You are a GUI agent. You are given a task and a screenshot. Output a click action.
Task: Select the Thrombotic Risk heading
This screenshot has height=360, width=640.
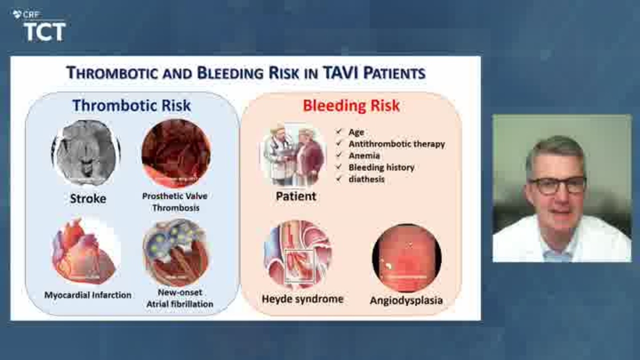pyautogui.click(x=131, y=105)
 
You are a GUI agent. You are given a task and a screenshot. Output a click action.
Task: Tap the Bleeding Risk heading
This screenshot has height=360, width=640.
pyautogui.click(x=351, y=105)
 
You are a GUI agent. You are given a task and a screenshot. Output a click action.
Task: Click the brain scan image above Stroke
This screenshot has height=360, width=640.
pyautogui.click(x=86, y=152)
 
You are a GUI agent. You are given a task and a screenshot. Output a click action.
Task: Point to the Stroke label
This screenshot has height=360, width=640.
pyautogui.click(x=88, y=198)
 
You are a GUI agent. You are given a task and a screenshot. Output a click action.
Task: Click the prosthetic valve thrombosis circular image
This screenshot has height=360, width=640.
pyautogui.click(x=176, y=153)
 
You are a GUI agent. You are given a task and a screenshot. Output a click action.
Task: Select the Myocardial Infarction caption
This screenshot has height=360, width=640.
pyautogui.click(x=87, y=295)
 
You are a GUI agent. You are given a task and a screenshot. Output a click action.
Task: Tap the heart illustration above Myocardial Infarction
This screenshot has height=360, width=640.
pyautogui.click(x=85, y=251)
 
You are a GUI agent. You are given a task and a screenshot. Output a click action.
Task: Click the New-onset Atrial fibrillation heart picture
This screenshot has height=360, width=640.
pyautogui.click(x=176, y=252)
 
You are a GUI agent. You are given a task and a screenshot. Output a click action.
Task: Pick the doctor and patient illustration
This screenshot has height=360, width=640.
pyautogui.click(x=293, y=154)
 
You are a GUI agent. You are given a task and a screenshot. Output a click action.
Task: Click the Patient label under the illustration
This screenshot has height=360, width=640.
pyautogui.click(x=296, y=196)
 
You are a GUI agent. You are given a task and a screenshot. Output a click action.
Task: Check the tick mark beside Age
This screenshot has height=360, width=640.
pyautogui.click(x=339, y=131)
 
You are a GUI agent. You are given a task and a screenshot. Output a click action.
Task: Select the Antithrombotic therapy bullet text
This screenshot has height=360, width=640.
pyautogui.click(x=397, y=144)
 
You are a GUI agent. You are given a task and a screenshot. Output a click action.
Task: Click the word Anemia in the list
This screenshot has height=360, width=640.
pyautogui.click(x=364, y=155)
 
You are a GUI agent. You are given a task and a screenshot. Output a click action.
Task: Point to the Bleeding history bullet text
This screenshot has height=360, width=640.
pyautogui.click(x=381, y=167)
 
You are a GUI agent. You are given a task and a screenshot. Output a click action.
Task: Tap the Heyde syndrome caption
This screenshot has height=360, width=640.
pyautogui.click(x=302, y=299)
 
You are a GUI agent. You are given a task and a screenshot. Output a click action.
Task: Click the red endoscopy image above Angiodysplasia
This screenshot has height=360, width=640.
pyautogui.click(x=406, y=257)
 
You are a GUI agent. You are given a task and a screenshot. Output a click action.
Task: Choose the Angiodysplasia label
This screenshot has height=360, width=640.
pyautogui.click(x=406, y=300)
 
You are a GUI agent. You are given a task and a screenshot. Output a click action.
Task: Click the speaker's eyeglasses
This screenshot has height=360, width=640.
pyautogui.click(x=557, y=185)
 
